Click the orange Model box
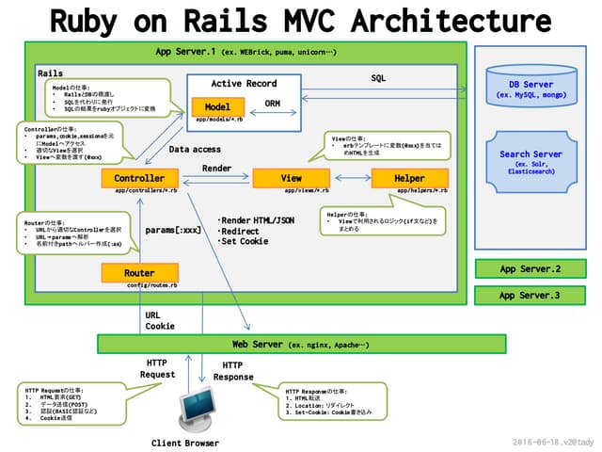(217, 107)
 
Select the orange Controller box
(139, 178)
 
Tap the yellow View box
(291, 178)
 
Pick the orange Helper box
(409, 178)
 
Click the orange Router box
(139, 272)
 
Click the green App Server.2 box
(530, 269)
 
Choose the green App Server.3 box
(530, 296)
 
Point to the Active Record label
(245, 84)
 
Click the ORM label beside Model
(273, 104)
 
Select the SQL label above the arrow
(378, 78)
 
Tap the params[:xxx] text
(173, 229)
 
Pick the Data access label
(195, 149)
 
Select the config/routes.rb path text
(151, 284)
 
